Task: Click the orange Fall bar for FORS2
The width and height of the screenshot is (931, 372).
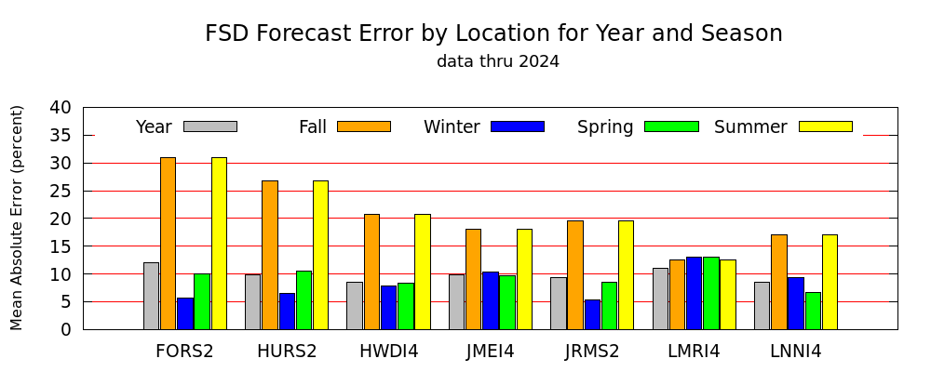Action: pyautogui.click(x=168, y=244)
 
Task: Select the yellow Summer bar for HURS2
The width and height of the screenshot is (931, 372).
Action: pyautogui.click(x=320, y=255)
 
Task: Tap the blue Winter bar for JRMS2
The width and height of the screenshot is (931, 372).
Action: pyautogui.click(x=592, y=314)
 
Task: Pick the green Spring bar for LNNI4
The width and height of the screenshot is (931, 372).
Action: pyautogui.click(x=813, y=311)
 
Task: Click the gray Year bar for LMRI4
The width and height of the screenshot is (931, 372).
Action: pyautogui.click(x=660, y=299)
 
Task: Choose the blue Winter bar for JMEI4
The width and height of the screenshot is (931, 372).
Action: pyautogui.click(x=491, y=300)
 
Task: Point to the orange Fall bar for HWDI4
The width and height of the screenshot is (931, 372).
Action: pyautogui.click(x=371, y=272)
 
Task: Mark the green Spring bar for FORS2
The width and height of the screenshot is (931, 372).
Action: pyautogui.click(x=202, y=301)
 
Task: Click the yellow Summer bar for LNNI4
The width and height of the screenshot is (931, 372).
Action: pyautogui.click(x=830, y=282)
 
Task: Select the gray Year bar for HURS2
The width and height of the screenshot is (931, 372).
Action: pyautogui.click(x=253, y=302)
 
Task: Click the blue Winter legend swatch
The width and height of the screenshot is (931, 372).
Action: pyautogui.click(x=518, y=126)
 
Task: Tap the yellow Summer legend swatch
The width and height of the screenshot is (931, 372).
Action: pyautogui.click(x=825, y=126)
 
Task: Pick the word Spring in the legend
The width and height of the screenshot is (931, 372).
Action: pyautogui.click(x=605, y=127)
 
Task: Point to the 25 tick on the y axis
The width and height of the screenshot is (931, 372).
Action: pyautogui.click(x=84, y=191)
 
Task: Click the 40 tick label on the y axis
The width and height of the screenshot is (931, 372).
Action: pyautogui.click(x=60, y=107)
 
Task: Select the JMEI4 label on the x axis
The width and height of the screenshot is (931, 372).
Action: pyautogui.click(x=490, y=352)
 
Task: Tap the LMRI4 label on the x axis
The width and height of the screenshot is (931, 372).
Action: pyautogui.click(x=694, y=352)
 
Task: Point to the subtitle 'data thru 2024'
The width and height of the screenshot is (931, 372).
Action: pyautogui.click(x=497, y=61)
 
